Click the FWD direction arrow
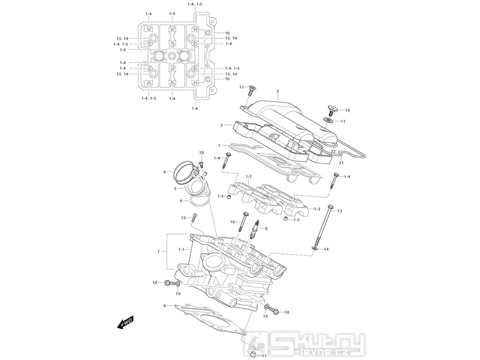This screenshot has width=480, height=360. pyautogui.click(x=125, y=322)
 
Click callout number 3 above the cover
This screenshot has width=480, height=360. pyautogui.click(x=277, y=91)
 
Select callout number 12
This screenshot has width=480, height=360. pyautogui.click(x=242, y=87)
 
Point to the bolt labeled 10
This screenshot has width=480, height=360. pyautogui.click(x=331, y=110)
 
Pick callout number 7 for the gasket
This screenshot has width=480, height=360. pyautogui.click(x=219, y=145)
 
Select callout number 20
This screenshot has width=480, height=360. pyautogui.click(x=201, y=152)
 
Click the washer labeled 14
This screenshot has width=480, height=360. pyautogui.click(x=314, y=248)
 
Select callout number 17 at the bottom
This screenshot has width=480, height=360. pyautogui.click(x=264, y=355)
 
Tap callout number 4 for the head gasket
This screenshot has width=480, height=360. pyautogui.click(x=164, y=305)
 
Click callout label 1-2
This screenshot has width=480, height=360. pyautogui.click(x=248, y=177)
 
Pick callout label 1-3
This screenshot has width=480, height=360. pyautogui.click(x=317, y=209)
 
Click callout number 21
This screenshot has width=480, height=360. pyautogui.click(x=341, y=163)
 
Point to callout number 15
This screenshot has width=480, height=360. pyautogui.click(x=184, y=218)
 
